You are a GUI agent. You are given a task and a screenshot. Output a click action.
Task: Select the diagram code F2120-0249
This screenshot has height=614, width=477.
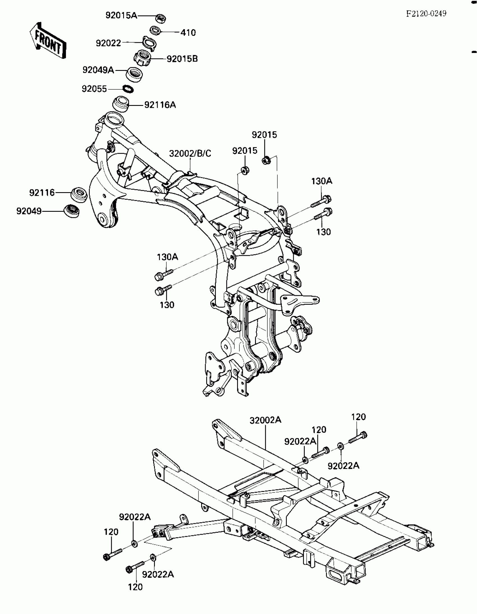click(426, 13)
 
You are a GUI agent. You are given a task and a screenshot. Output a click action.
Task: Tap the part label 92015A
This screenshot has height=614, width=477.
click(121, 15)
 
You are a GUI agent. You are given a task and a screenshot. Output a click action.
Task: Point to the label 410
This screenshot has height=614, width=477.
click(188, 33)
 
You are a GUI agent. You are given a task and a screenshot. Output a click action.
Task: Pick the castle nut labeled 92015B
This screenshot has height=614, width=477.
click(142, 58)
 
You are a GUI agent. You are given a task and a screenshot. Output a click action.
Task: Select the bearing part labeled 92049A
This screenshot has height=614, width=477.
click(134, 75)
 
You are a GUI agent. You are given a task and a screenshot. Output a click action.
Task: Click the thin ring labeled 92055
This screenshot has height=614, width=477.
click(128, 89)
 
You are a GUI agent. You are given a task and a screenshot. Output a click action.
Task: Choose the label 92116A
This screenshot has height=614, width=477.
click(160, 105)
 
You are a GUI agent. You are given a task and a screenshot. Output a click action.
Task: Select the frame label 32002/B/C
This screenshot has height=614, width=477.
click(190, 153)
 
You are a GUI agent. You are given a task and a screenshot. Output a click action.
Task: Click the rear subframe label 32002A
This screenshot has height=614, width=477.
click(265, 420)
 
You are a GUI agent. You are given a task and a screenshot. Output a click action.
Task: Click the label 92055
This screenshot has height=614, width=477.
click(94, 89)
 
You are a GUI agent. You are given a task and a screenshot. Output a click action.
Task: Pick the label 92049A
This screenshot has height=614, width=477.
click(98, 70)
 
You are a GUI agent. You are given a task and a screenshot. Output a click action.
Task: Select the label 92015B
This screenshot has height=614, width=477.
click(182, 59)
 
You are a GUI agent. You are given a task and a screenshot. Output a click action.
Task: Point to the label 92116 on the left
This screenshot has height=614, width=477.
click(42, 193)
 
